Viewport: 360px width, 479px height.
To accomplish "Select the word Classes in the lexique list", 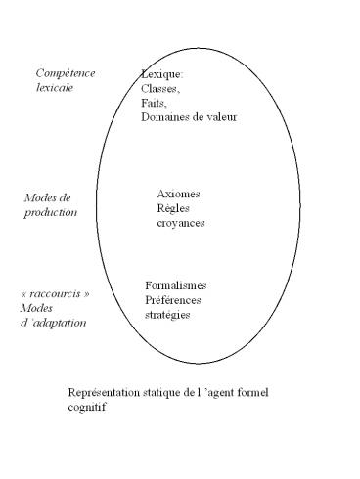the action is [161, 88].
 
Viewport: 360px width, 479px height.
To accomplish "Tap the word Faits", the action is [154, 103].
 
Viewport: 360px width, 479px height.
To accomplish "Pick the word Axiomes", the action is [179, 194].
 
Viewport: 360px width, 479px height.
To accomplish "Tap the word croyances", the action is [181, 223].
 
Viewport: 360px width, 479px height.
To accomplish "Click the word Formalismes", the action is [176, 284].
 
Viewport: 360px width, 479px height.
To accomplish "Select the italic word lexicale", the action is [55, 88].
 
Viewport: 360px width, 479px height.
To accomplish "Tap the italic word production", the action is [50, 211].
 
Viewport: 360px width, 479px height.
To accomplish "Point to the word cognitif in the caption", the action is [87, 408].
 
